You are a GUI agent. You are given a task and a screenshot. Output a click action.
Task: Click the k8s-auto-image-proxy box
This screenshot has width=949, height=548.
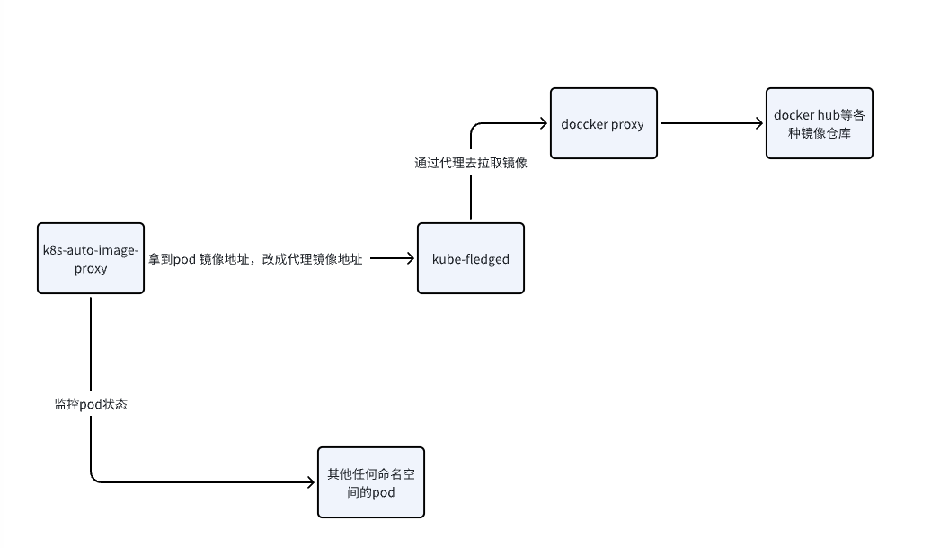tap(91, 258)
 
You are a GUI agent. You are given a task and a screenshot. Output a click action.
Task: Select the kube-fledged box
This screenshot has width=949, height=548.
tap(471, 258)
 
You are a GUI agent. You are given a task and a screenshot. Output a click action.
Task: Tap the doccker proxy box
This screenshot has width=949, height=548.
tap(603, 123)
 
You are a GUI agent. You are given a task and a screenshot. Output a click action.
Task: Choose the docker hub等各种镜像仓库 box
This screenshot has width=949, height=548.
tap(819, 123)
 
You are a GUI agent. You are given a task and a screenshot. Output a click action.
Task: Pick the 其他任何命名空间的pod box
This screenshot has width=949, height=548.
tap(370, 482)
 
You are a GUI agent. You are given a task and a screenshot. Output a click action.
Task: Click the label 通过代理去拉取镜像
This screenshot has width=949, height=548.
tap(470, 163)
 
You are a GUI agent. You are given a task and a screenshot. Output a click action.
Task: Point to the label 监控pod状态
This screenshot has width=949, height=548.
tap(91, 404)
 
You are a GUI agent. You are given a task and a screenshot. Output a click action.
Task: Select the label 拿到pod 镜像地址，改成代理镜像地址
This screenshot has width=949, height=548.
tap(256, 259)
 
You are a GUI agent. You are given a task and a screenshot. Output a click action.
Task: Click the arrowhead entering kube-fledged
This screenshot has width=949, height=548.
tap(410, 258)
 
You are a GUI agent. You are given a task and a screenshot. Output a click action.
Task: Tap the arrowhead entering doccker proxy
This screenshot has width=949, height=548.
tap(543, 123)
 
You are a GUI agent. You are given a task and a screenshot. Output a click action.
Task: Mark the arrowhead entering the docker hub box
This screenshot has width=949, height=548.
tap(758, 123)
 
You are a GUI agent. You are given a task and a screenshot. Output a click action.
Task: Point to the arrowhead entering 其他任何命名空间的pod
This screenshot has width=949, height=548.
tap(310, 482)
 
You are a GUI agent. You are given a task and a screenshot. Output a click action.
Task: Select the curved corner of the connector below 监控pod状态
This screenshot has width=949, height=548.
tap(94, 479)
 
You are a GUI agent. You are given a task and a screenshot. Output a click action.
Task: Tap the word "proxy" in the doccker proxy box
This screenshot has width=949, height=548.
tap(627, 124)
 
